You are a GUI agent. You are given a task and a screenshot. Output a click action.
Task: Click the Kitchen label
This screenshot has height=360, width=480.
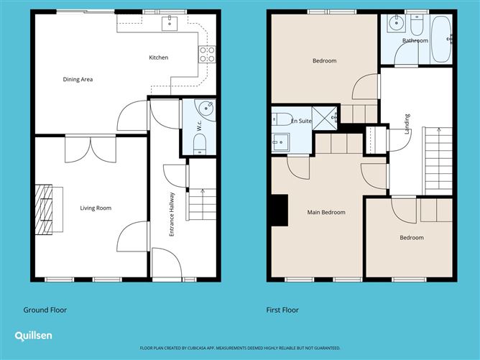(158, 57)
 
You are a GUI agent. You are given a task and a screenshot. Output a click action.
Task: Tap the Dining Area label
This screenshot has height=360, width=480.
(78, 79)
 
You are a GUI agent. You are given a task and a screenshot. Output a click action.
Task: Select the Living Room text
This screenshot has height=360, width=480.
(96, 208)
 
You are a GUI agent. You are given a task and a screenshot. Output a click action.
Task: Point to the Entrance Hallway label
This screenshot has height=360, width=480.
(172, 214)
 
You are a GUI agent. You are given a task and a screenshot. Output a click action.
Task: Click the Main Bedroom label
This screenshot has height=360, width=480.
(326, 213)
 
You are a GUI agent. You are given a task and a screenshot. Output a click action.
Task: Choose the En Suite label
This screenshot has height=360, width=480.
(301, 121)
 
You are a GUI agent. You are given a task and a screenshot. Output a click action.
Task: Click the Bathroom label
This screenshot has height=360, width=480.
(415, 41)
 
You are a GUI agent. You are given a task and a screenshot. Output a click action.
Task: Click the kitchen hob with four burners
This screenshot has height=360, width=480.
(207, 52)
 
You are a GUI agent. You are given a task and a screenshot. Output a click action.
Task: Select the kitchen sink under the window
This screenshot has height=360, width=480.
(169, 24)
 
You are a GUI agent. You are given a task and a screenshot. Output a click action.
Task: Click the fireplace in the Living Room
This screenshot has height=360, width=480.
(45, 208)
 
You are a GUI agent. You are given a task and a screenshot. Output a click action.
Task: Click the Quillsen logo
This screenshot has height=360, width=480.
(33, 336)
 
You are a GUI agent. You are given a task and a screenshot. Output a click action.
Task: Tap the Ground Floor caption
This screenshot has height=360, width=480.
(45, 310)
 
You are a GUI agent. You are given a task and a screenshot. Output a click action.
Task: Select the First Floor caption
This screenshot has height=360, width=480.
(282, 310)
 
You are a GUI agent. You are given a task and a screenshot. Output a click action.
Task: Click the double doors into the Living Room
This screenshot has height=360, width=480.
(90, 149)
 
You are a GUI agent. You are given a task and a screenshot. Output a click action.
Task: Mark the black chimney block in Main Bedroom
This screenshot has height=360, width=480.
(277, 211)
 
